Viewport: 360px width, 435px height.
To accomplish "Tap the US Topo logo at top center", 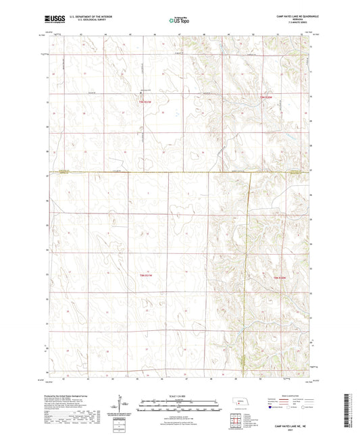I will pos(179,21).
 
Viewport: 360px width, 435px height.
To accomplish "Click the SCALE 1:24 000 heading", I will pos(180,395).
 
